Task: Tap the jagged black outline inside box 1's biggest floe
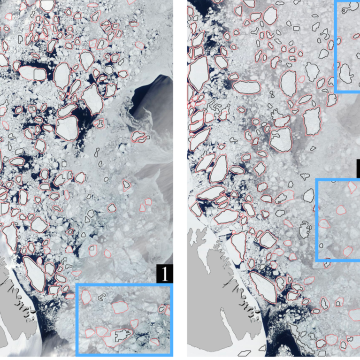click(x=121, y=335)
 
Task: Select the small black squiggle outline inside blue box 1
click(x=100, y=297)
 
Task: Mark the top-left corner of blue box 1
click(x=77, y=284)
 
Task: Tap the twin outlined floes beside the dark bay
click(x=139, y=137)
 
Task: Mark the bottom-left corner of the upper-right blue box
click(x=336, y=92)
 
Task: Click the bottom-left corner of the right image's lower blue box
click(x=317, y=259)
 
